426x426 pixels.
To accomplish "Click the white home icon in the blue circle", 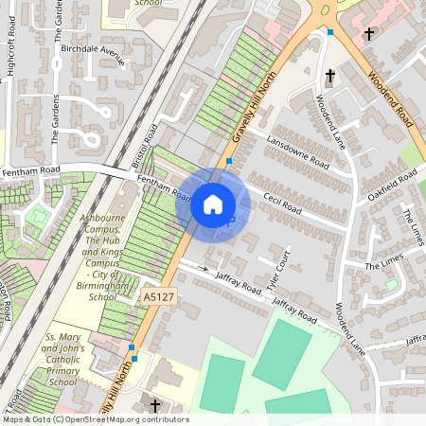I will (213, 204).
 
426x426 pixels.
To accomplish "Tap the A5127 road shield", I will (157, 297).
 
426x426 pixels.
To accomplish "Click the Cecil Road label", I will (282, 202).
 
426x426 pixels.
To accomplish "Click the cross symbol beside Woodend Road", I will (367, 34).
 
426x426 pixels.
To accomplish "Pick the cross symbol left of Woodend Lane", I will (330, 76).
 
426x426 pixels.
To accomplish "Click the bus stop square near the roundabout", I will (330, 32).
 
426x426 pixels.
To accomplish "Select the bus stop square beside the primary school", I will (133, 359).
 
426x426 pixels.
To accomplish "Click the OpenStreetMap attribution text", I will (95, 419).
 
